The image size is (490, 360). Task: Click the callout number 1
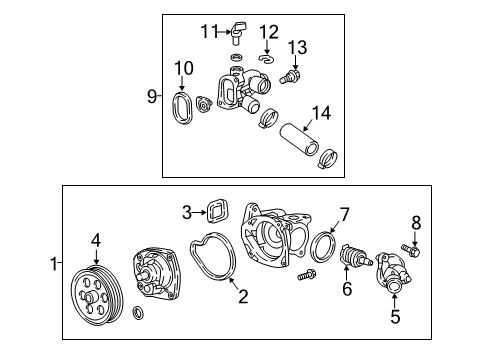click(x=54, y=265)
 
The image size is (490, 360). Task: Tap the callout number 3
click(x=186, y=211)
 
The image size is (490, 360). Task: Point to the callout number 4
click(x=96, y=239)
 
